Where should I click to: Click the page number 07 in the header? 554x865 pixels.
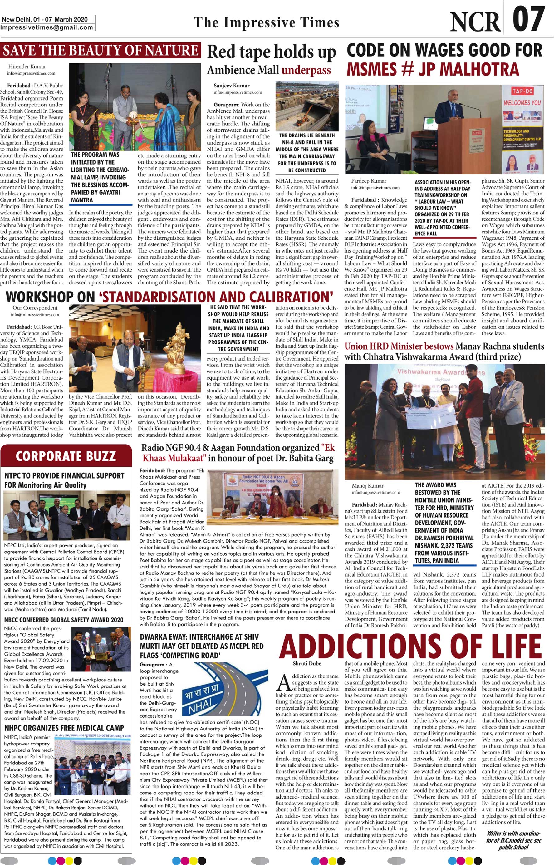point(528,19)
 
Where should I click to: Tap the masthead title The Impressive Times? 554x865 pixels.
point(266,22)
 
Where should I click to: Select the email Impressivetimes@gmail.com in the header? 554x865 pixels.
point(47,27)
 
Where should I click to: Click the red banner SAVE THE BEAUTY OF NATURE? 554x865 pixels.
point(101,50)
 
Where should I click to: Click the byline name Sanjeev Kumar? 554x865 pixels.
point(231,86)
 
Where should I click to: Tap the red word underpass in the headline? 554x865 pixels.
point(306,70)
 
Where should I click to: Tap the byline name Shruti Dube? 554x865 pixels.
point(306,663)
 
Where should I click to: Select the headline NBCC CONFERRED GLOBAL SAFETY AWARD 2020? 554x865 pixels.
point(64,620)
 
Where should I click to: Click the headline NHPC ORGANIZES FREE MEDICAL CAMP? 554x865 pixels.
point(64,728)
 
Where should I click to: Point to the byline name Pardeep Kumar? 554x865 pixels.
point(369,181)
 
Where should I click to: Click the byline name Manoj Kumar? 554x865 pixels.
point(367,485)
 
